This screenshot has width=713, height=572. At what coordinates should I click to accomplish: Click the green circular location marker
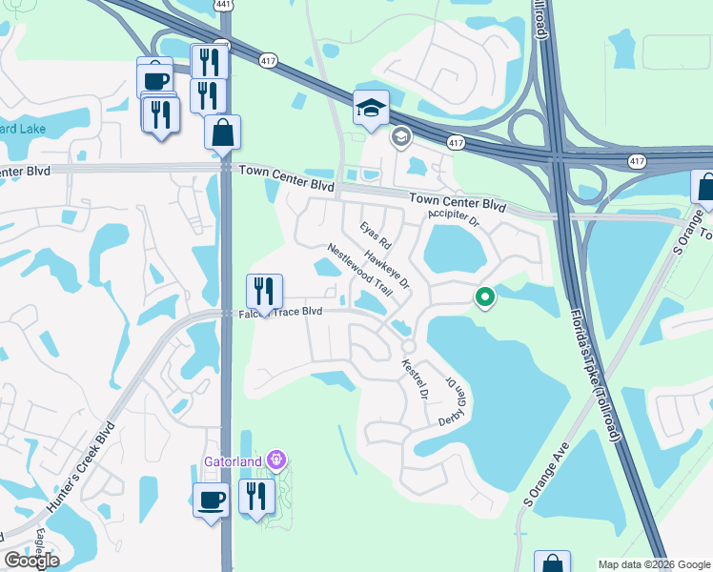point(485,298)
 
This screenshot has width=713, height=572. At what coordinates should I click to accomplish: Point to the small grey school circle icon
point(401,137)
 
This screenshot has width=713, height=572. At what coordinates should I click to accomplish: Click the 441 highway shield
point(223,5)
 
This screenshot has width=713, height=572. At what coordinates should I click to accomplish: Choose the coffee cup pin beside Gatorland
point(211,499)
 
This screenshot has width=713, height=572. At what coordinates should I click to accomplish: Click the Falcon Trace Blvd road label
point(280,313)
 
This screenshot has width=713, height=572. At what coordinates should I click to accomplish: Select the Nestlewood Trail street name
point(359,268)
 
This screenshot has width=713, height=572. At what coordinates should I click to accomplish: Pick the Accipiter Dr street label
point(455,220)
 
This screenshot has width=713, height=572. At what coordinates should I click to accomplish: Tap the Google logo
point(32,560)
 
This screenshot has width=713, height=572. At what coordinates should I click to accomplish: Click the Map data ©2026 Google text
point(653,564)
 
